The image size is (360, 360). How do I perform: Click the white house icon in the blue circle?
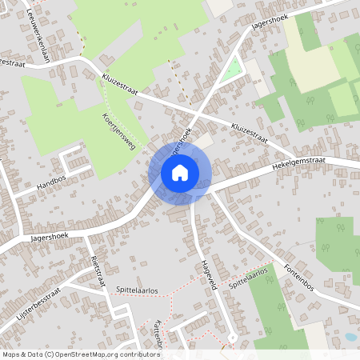click(180, 172)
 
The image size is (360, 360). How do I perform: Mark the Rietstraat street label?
click(98, 270)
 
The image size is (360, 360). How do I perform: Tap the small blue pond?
click(350, 338)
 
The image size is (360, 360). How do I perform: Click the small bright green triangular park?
click(232, 71)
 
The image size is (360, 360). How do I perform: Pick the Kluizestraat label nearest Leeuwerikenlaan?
click(120, 85)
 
